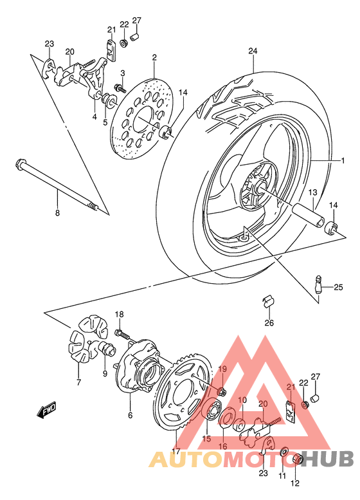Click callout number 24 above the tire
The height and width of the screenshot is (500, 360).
coord(253,51)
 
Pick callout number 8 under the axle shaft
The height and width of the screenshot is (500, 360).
coord(57,212)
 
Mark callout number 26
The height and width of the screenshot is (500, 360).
coord(269,323)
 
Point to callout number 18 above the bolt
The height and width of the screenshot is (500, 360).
coord(119,313)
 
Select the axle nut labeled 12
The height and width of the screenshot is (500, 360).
coord(299,459)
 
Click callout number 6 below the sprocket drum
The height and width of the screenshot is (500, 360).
coord(130,416)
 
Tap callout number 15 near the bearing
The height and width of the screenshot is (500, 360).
coord(206,438)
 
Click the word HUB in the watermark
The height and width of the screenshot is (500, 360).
coord(327,459)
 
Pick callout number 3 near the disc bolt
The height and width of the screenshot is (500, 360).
coord(122,73)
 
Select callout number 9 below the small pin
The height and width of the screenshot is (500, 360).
coord(104,373)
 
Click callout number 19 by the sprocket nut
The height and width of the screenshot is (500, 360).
coord(223,369)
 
